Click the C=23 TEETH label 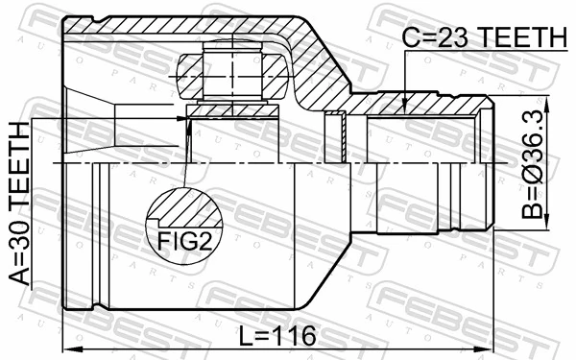tap(484, 37)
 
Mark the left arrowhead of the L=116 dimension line tap(68, 348)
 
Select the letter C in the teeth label tap(410, 37)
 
